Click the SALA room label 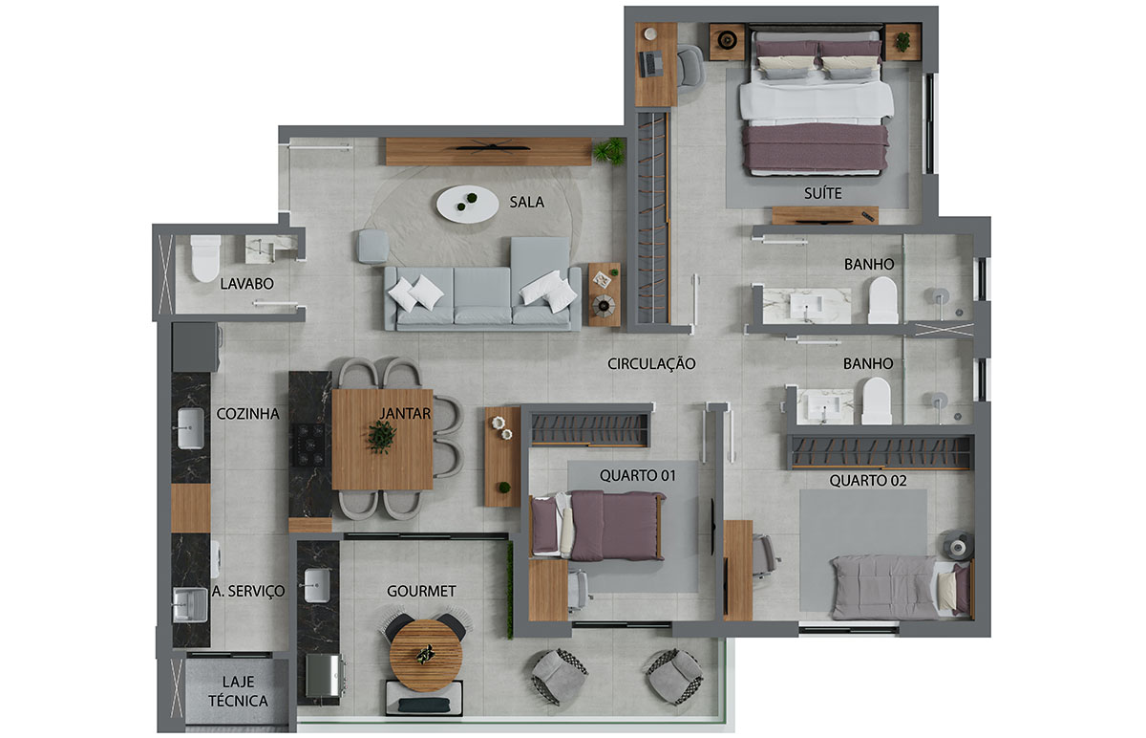[x=526, y=203]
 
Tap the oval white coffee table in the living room [x=467, y=205]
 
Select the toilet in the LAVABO [x=205, y=258]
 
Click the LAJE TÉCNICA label [x=238, y=691]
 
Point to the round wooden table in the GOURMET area [x=426, y=656]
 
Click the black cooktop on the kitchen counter [x=308, y=445]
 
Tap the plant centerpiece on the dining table [x=382, y=436]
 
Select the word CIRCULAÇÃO [x=651, y=363]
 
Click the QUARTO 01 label [x=638, y=476]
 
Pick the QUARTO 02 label [x=868, y=481]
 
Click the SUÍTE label [x=822, y=193]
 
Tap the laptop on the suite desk [x=649, y=64]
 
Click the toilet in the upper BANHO [x=883, y=300]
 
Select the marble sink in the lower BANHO [x=825, y=406]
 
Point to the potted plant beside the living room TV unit [x=609, y=151]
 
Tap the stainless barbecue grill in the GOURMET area [x=325, y=676]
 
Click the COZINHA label [x=247, y=414]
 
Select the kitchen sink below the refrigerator [x=190, y=428]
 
